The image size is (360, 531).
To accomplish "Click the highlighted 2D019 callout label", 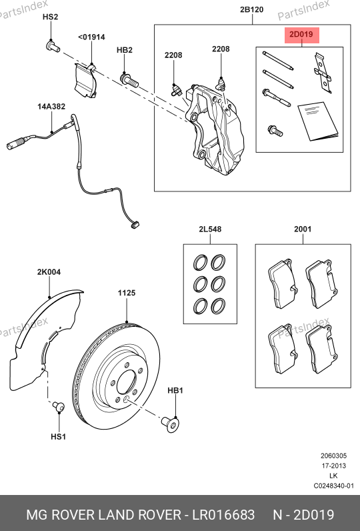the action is (x=301, y=35).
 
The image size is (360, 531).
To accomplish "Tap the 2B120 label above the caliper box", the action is (x=252, y=9).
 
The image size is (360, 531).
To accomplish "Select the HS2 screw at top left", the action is (x=53, y=46).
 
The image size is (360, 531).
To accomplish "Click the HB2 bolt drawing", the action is (x=129, y=80).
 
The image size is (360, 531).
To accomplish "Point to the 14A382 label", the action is (x=51, y=106).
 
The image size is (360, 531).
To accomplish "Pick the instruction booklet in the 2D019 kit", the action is (x=318, y=121).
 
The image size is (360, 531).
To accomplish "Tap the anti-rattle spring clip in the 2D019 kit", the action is (x=323, y=73).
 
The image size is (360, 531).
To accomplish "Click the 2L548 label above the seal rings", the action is (x=210, y=229).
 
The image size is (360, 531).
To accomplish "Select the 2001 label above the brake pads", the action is (x=303, y=229).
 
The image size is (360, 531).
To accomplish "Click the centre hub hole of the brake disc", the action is (x=126, y=382).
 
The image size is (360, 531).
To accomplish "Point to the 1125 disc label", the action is (x=127, y=293).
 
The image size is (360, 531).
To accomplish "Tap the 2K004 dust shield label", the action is (x=49, y=272).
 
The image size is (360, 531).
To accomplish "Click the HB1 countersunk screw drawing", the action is (x=171, y=424).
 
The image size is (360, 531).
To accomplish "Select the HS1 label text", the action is (x=58, y=436).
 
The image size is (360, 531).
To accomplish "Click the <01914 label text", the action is (x=91, y=37).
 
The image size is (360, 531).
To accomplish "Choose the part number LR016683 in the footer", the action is (x=223, y=515).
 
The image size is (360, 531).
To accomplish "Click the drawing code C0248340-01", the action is (x=333, y=486).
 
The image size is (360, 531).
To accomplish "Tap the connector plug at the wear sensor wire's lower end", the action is (x=135, y=224).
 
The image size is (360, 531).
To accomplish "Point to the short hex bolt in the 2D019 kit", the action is (x=275, y=130).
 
